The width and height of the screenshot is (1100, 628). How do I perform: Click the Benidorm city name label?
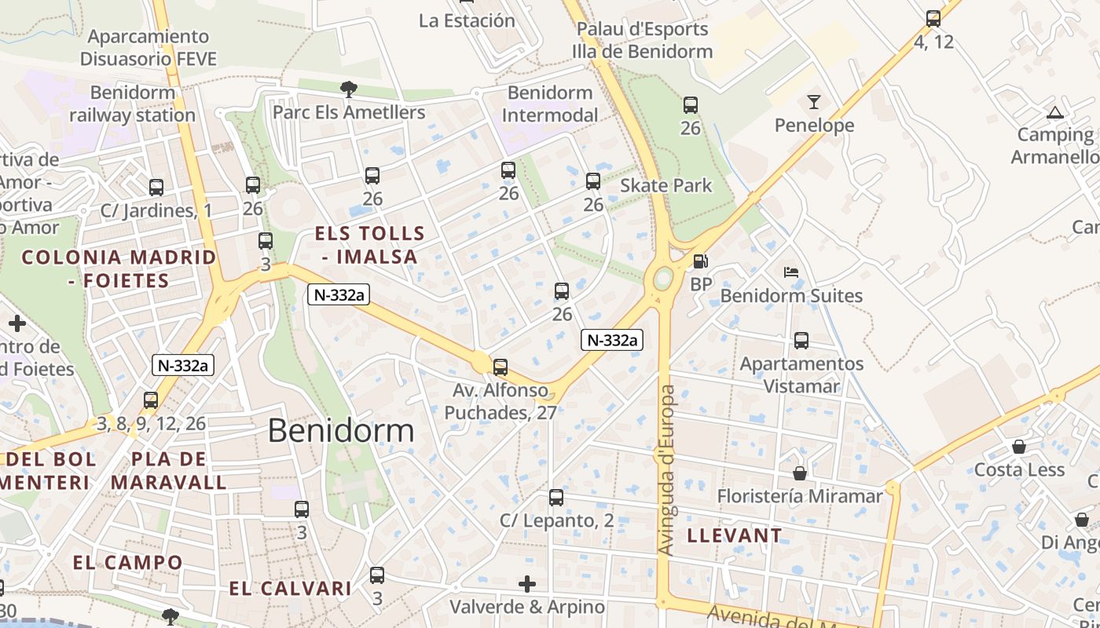coord(340,430)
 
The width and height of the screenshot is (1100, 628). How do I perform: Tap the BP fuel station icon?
coord(699,261)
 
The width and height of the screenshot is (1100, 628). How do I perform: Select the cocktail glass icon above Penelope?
coord(813,102)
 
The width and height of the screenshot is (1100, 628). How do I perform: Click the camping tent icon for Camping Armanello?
coord(1055,112)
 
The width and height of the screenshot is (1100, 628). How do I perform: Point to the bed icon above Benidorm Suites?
coord(791,272)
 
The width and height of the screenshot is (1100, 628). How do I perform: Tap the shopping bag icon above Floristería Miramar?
coord(799,473)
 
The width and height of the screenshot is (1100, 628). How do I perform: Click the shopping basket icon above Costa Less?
coord(1018,447)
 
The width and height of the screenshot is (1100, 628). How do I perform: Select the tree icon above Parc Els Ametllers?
coord(348,89)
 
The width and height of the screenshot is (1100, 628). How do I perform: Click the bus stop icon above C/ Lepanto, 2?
coord(556,497)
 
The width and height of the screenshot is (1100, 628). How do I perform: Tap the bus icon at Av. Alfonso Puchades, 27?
coord(500,367)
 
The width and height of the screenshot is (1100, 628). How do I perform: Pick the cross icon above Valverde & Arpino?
coord(527,584)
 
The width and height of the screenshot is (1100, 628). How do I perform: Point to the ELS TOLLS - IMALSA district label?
coord(369,245)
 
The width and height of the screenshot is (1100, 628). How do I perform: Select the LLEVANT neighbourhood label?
coord(735,535)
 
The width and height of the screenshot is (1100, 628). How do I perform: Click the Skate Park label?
coord(665,186)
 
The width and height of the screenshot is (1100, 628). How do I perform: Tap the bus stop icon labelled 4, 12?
coord(933,19)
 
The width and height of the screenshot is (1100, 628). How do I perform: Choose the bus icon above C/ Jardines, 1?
coord(156,188)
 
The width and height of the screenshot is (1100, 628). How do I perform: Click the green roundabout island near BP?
coord(663,278)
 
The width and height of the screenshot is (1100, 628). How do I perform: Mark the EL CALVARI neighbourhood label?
coord(290,588)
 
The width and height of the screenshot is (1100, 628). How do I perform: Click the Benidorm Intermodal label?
coord(550,104)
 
